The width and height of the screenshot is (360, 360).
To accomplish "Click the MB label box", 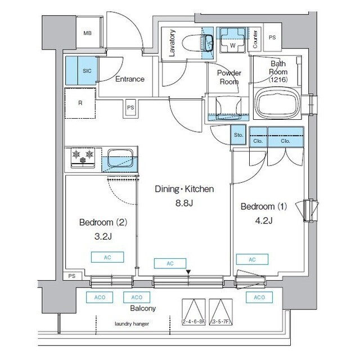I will [88, 33].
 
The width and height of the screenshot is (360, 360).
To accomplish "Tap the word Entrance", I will [130, 79].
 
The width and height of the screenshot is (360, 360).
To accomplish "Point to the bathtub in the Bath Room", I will [278, 103].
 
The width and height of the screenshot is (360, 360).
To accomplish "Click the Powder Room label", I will [229, 77].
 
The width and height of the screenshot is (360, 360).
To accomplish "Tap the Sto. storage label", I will [237, 135].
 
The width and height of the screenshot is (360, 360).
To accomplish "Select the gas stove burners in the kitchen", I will [83, 157].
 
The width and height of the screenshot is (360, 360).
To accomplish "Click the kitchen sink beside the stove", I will [120, 157].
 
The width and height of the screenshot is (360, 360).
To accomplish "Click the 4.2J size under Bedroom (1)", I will [263, 220].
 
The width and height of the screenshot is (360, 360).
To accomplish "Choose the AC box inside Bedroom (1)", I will [251, 259].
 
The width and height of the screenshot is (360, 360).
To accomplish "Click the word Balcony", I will [143, 308].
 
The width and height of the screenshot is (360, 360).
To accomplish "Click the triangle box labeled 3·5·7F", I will [220, 313].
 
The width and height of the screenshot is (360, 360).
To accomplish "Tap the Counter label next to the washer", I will [255, 38].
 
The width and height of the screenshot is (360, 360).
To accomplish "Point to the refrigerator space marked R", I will [81, 103].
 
